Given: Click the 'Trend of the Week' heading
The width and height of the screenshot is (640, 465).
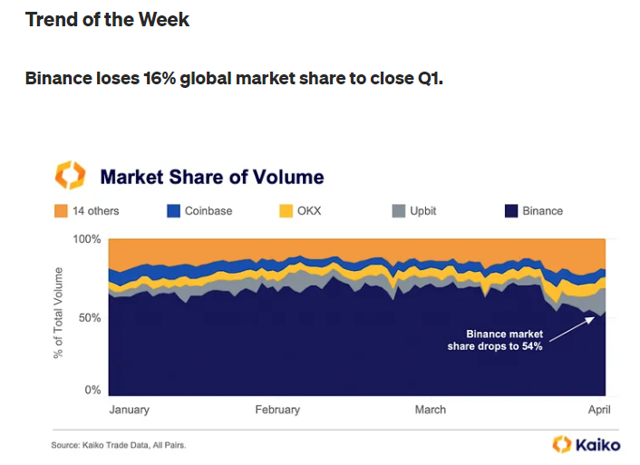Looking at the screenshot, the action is tap(107, 20).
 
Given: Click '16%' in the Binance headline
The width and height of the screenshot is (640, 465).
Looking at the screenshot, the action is tap(160, 78).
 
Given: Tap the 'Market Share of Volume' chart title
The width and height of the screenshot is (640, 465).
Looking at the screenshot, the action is tap(212, 177).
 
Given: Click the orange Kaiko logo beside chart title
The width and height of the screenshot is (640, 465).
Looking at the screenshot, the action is tap(70, 175).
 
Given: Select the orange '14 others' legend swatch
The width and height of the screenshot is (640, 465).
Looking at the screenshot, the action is tap(61, 211).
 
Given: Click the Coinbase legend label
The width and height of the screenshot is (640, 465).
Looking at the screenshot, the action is tap(208, 211).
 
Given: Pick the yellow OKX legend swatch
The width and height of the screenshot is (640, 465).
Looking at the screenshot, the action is tap(286, 211).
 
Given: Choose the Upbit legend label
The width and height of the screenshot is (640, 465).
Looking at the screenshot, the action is tap(423, 211).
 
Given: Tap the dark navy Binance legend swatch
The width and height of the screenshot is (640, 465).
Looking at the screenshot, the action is tap(511, 211).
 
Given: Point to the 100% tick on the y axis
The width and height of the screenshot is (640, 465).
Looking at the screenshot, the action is tap(87, 238).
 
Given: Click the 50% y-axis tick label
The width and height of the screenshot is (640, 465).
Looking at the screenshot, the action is tap(90, 317).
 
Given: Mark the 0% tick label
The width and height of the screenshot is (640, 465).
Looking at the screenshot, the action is tap(92, 390).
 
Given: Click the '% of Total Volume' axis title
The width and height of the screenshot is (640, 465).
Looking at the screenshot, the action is tap(58, 313).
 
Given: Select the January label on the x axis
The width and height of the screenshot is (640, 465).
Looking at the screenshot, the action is tap(130, 410).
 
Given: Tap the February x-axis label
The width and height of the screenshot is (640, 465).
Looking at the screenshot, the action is tap(277, 410).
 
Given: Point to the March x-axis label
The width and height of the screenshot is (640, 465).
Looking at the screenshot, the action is tap(431, 410).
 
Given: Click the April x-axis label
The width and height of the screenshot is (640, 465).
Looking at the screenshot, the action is tap(599, 410).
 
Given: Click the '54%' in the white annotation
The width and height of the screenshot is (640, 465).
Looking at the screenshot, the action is tap(532, 346).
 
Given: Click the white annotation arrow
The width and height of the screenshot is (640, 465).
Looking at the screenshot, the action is tap(572, 329).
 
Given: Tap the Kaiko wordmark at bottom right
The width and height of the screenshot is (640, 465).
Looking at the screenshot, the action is tap(598, 444).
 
